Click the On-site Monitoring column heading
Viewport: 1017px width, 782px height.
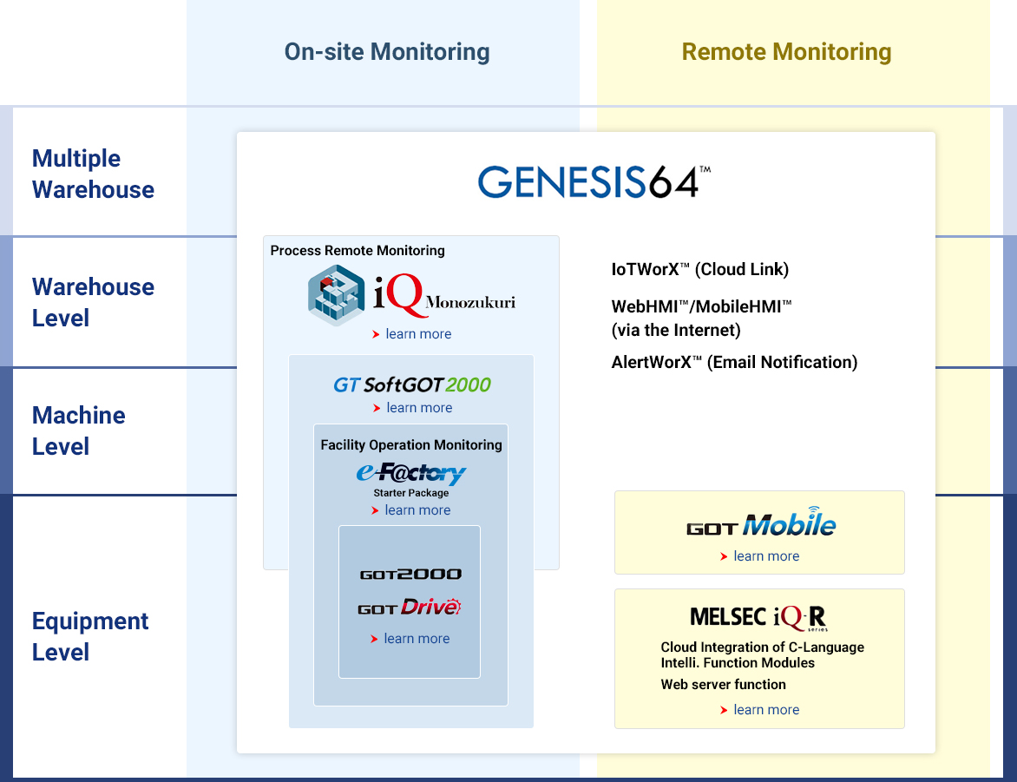tap(387, 52)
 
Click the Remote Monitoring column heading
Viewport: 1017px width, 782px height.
tap(786, 52)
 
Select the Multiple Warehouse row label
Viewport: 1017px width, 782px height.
tap(93, 174)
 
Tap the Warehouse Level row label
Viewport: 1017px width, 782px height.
tap(93, 302)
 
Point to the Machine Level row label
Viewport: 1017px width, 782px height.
tap(78, 430)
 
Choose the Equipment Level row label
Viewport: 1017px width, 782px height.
tap(90, 636)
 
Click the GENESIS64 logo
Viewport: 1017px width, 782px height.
tap(594, 182)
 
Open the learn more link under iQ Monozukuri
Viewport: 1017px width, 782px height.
tap(418, 334)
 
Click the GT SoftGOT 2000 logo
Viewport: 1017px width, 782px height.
tap(412, 384)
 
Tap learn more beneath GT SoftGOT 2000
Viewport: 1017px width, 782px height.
tap(419, 408)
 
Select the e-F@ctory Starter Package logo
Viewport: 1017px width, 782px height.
tap(411, 476)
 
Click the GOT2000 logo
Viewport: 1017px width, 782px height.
tap(410, 575)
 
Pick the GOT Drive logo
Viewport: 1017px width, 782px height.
tap(409, 608)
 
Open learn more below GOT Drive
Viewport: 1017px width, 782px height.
tap(417, 639)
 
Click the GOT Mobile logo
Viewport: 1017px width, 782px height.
tap(761, 524)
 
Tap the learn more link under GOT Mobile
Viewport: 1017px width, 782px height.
tap(766, 556)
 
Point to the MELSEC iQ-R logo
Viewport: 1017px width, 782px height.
tap(759, 617)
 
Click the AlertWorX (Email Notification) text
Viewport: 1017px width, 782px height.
tap(734, 362)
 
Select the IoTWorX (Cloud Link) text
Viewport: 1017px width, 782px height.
tap(699, 269)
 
